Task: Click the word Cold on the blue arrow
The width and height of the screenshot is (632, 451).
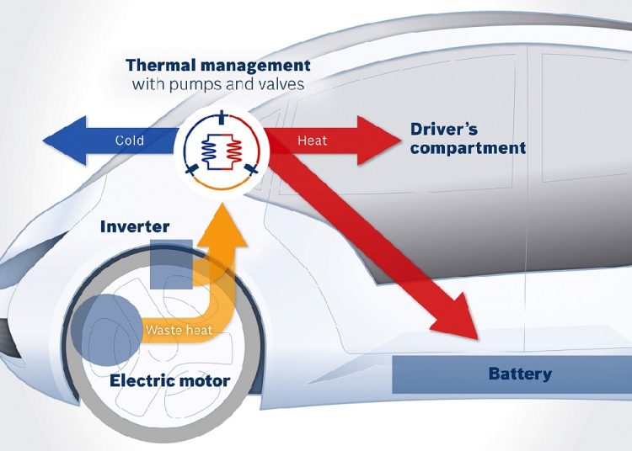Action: (129, 141)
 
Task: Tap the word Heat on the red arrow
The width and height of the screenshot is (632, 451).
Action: (312, 141)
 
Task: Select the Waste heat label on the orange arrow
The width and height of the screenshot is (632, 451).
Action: (178, 329)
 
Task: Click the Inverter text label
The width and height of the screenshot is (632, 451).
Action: (135, 227)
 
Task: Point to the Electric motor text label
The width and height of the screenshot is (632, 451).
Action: (169, 380)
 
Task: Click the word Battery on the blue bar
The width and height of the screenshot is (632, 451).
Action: (520, 374)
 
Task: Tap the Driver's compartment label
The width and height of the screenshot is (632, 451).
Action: (468, 139)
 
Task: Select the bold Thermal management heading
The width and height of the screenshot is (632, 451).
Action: (217, 66)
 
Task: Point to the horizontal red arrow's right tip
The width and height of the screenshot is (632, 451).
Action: (393, 140)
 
